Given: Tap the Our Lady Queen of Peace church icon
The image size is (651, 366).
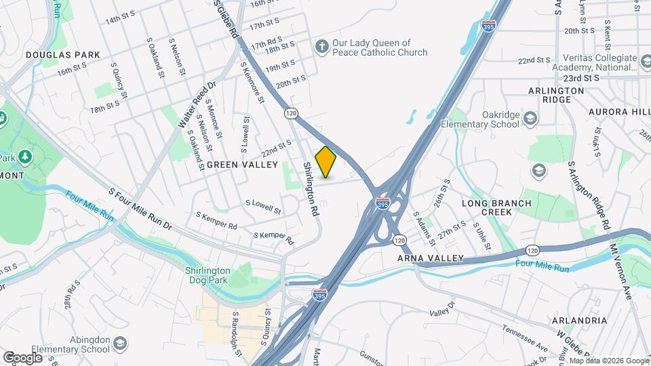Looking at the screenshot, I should point(322,47).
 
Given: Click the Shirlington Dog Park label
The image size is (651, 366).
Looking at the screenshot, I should point(208,275).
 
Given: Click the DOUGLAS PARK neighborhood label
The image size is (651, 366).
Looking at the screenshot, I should point(62,54).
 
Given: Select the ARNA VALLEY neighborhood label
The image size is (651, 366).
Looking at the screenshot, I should point(430,258).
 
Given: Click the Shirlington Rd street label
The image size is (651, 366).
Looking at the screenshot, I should point(311,189).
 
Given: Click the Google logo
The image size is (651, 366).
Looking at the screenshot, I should point(22,357).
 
